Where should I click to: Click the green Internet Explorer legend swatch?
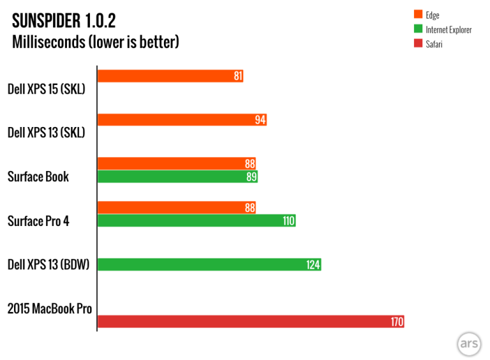coord(418,29)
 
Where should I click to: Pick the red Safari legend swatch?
coord(418,44)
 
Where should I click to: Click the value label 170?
coord(397,322)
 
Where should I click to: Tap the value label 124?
coord(313,264)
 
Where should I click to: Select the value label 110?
coord(288,221)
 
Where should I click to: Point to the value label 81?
coord(238,76)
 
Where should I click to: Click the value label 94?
coord(260,120)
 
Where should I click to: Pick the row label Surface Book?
coord(38,177)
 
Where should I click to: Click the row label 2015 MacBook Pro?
coord(50,309)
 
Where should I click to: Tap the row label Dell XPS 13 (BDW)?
coord(48,264)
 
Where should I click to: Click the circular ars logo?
coord(467,345)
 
